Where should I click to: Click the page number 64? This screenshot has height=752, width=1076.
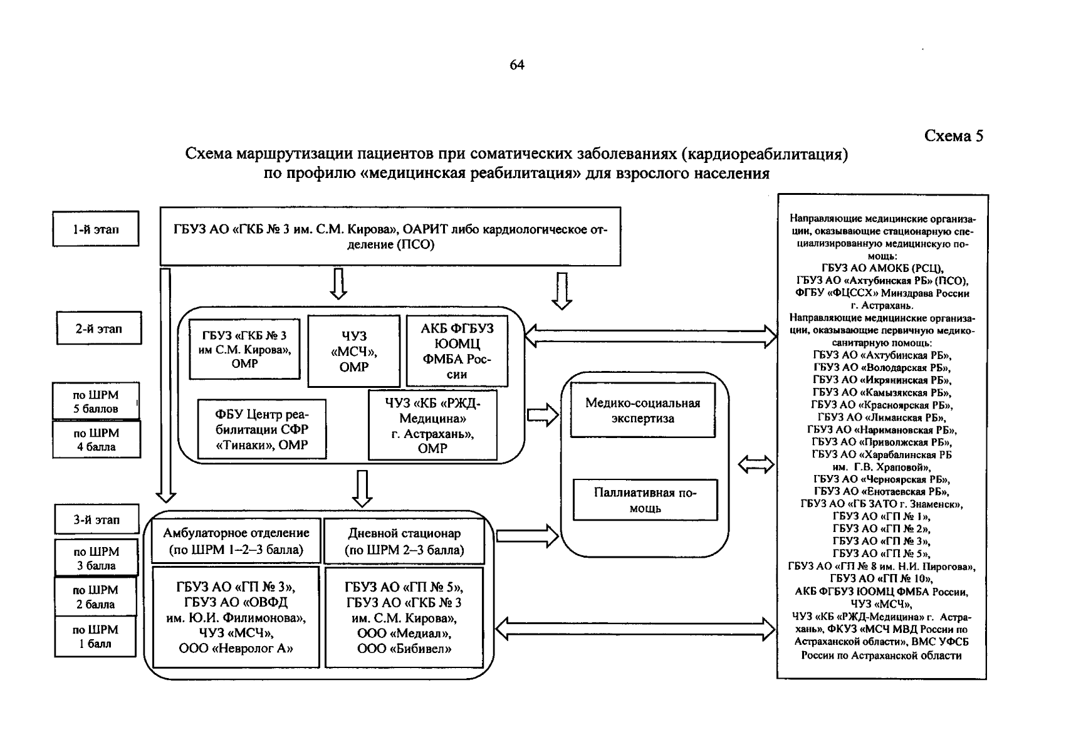pos(517,65)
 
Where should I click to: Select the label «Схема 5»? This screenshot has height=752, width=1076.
pos(954,136)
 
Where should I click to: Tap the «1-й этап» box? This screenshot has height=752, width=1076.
pos(95,229)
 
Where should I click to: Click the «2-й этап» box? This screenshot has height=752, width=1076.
pos(99,328)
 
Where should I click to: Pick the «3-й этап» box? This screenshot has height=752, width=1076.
pos(97,520)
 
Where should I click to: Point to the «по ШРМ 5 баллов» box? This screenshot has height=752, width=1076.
pos(95,402)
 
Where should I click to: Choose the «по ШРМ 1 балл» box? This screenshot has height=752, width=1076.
pos(95,637)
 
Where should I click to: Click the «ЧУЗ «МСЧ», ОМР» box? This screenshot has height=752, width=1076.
pos(353,352)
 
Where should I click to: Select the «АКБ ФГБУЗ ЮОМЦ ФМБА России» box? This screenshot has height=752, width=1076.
pos(457,352)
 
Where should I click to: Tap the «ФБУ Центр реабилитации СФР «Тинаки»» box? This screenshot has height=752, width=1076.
pos(261,429)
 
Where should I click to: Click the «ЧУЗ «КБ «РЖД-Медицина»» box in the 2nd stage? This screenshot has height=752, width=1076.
pos(432,426)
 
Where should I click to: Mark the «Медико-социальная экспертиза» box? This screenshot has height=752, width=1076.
pos(642,410)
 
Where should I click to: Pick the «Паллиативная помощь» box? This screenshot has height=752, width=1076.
pos(645,500)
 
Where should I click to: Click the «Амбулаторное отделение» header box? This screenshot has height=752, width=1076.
pos(236,541)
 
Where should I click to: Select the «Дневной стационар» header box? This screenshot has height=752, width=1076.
pos(404,541)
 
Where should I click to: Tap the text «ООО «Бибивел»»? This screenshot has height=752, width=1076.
pos(404,649)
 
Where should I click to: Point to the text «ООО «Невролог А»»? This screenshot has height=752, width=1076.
pos(236,649)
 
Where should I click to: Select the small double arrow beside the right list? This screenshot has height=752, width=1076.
pos(756,464)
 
